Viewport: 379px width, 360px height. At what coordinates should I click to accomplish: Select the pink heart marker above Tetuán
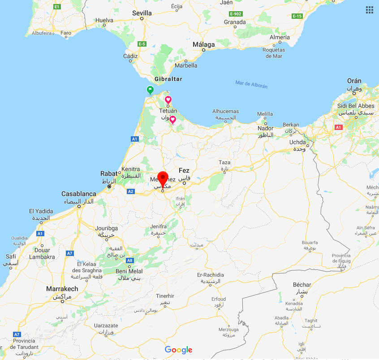[x=168, y=99]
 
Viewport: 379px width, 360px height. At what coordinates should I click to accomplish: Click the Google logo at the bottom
[x=178, y=350]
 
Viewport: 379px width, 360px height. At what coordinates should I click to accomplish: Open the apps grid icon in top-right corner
[x=370, y=9]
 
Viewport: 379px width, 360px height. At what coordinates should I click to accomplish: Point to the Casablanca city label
[x=78, y=194]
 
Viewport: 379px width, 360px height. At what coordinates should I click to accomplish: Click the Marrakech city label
[x=62, y=289]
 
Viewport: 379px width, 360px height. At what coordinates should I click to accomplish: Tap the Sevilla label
[x=142, y=13]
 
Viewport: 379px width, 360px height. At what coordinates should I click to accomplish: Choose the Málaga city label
[x=204, y=44]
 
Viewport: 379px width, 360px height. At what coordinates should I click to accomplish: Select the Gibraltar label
[x=168, y=79]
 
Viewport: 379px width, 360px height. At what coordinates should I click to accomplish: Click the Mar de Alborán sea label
[x=251, y=84]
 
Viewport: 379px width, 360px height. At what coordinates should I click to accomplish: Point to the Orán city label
[x=354, y=81]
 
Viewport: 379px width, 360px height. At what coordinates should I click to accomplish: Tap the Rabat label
[x=108, y=174]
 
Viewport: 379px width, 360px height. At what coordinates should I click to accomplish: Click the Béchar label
[x=301, y=285]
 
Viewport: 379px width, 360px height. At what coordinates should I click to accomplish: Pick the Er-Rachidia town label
[x=210, y=275]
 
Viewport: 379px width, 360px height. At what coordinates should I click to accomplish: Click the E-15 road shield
[x=297, y=16]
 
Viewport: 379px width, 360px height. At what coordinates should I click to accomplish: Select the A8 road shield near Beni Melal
[x=129, y=260]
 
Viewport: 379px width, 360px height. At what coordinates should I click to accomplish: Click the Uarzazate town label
[x=106, y=325]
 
